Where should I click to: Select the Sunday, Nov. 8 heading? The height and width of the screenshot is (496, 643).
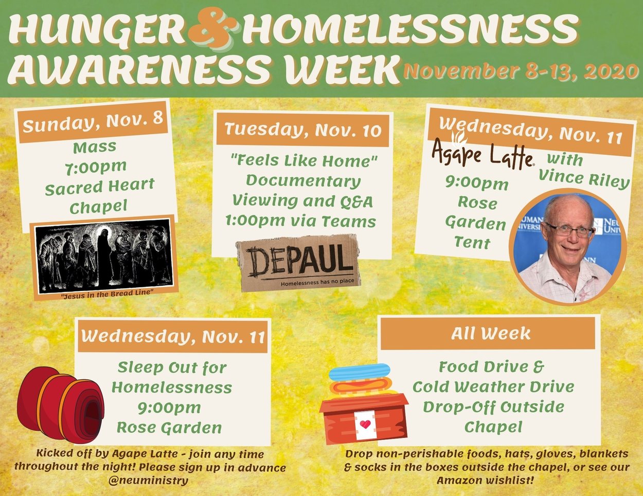point(93,122)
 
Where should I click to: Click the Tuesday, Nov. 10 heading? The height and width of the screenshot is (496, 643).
point(302,130)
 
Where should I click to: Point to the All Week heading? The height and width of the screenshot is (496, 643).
point(491,334)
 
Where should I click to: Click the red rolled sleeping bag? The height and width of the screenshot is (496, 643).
point(60,405)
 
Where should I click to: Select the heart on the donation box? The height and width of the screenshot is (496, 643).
point(365,424)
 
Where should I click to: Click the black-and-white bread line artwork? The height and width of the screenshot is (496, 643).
point(104,256)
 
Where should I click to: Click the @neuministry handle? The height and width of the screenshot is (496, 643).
point(148,481)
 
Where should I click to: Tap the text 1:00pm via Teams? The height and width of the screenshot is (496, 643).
point(300,222)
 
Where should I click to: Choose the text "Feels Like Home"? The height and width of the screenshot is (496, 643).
point(304,161)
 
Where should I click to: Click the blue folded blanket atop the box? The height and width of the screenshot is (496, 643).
point(360,372)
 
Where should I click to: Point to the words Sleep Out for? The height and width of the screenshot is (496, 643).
point(172,368)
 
